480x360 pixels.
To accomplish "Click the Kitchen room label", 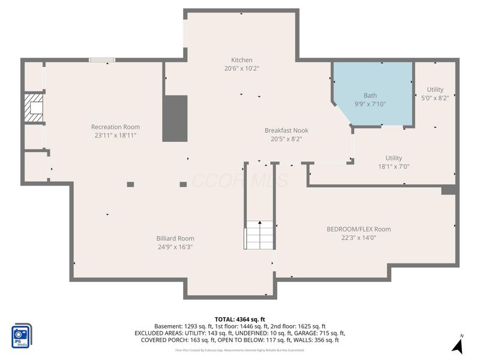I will pyautogui.click(x=242, y=60).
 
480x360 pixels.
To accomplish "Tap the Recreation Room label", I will pyautogui.click(x=115, y=127).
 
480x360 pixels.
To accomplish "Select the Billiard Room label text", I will pyautogui.click(x=175, y=238).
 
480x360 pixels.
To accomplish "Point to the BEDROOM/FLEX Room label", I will pyautogui.click(x=358, y=229).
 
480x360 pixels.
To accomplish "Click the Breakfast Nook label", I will pyautogui.click(x=286, y=130).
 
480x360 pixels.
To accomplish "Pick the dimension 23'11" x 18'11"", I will pyautogui.click(x=115, y=135).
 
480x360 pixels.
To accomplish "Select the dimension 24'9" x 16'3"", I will pyautogui.click(x=175, y=247).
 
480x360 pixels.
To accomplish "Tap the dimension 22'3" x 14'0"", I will pyautogui.click(x=358, y=237).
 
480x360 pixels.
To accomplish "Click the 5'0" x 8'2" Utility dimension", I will pyautogui.click(x=435, y=98).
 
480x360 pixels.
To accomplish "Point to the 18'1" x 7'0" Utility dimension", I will pyautogui.click(x=394, y=167).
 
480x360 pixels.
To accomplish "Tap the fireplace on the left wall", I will pyautogui.click(x=34, y=108).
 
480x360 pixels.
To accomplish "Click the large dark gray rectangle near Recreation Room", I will pyautogui.click(x=175, y=118).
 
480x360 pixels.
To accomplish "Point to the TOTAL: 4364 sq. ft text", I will pyautogui.click(x=239, y=319).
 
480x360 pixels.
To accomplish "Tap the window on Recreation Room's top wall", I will pyautogui.click(x=102, y=59).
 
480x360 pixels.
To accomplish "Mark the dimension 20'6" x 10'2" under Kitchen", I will pyautogui.click(x=242, y=68).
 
